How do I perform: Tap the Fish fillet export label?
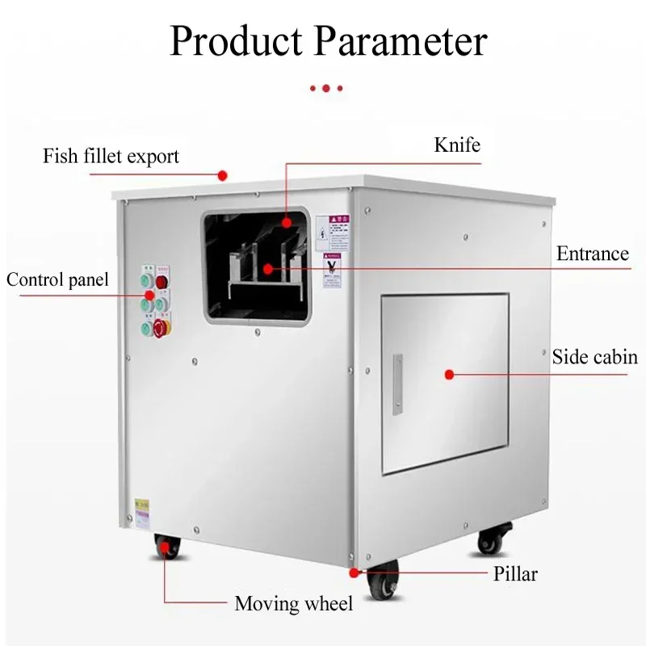[x=111, y=156]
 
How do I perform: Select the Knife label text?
[x=457, y=145]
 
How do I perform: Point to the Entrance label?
[x=592, y=254]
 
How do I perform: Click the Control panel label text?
[x=57, y=280]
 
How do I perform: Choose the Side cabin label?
[x=594, y=357]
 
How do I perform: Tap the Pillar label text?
[x=515, y=575]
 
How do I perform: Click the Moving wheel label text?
[x=294, y=603]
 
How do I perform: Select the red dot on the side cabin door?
[x=450, y=374]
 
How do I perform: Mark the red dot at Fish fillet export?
[x=223, y=174]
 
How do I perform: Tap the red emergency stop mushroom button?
[x=160, y=328]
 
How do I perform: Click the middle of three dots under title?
[x=325, y=87]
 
